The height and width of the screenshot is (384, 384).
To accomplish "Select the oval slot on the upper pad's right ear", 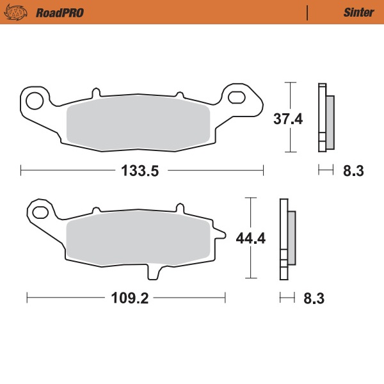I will (x=237, y=98).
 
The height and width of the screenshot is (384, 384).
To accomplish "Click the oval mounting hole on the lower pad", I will (x=39, y=212).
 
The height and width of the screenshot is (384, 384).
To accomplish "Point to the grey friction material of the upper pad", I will (x=138, y=126).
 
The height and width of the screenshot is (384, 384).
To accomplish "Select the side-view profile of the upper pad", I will (x=325, y=118).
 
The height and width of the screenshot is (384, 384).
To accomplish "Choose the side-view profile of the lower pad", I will (x=287, y=239).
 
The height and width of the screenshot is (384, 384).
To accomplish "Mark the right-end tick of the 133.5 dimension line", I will (x=263, y=170).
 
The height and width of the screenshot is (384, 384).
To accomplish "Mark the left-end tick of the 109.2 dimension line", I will (x=27, y=298).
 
